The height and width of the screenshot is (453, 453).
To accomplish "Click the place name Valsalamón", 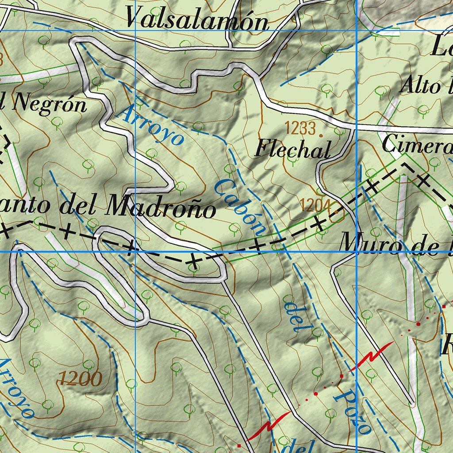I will pos(197,19).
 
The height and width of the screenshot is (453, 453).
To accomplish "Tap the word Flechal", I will pos(292,150).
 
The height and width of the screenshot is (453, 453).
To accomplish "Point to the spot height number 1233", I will pos(300,129).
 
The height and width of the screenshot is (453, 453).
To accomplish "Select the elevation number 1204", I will pos(315,205).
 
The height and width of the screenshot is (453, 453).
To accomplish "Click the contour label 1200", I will pos(80,378).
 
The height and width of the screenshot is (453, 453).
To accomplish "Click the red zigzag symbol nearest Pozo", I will pos(371,356).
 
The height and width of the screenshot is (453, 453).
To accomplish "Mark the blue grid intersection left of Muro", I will pos(356,251).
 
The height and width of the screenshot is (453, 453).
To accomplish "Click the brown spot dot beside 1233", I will pos(320,131).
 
